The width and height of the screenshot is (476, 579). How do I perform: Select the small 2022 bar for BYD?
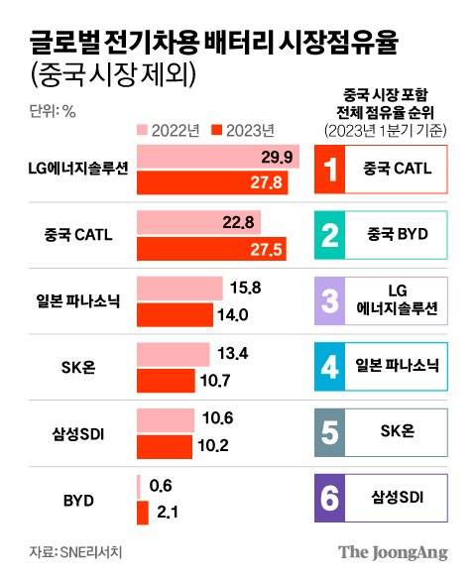[x=138, y=486]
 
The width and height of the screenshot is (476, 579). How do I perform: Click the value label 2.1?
[x=165, y=512]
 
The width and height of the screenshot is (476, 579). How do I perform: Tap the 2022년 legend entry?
[x=171, y=129]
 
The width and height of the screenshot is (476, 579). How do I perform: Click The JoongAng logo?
[x=394, y=552]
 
